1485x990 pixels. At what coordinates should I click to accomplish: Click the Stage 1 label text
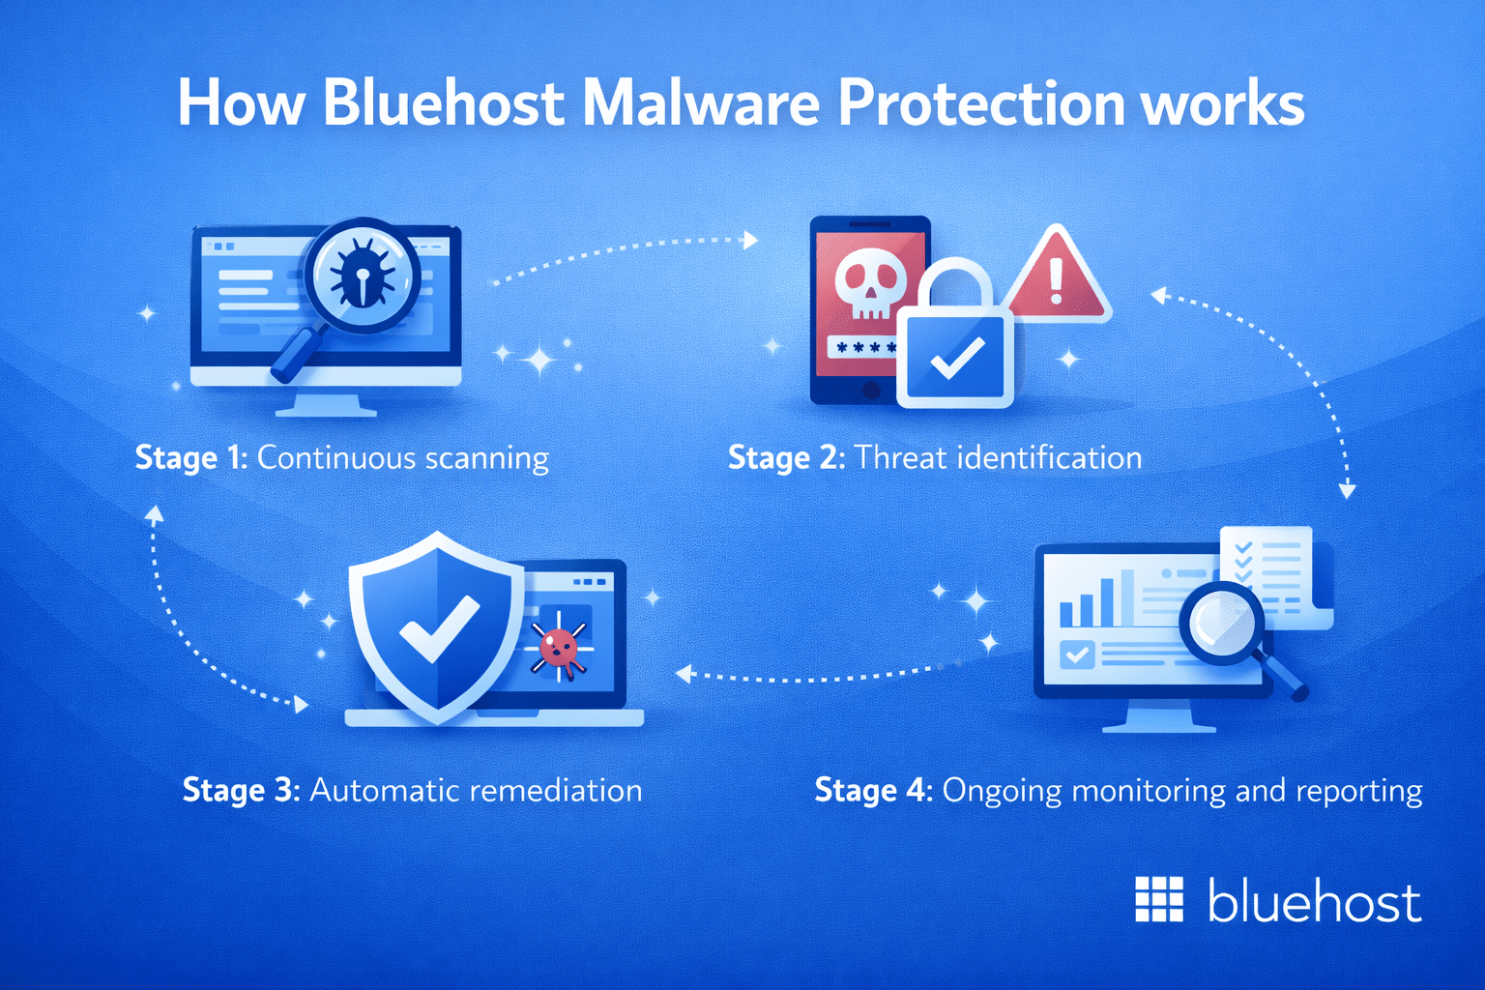[190, 457]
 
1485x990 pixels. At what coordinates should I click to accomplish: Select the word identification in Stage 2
[1049, 457]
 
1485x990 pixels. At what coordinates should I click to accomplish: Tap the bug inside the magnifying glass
[362, 275]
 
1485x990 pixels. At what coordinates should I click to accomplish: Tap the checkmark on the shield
[439, 628]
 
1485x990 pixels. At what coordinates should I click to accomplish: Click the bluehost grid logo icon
[1158, 899]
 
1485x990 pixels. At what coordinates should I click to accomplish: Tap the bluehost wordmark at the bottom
[1314, 902]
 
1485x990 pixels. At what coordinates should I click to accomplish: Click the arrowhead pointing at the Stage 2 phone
[750, 239]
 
